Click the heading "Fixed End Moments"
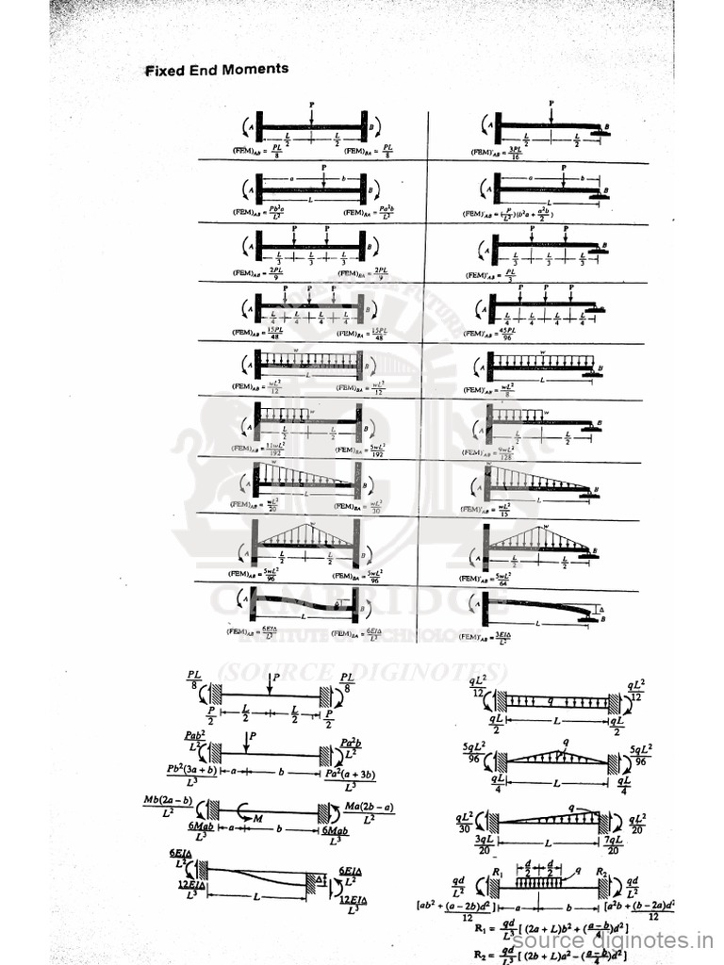[217, 70]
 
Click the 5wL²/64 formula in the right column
[502, 577]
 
